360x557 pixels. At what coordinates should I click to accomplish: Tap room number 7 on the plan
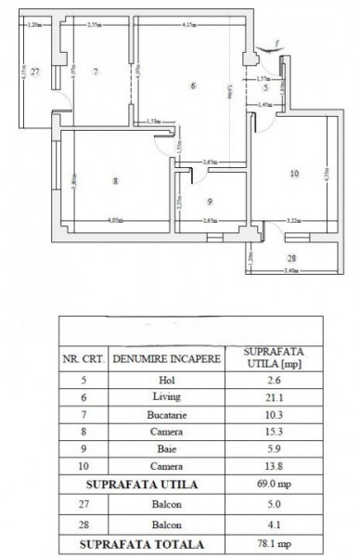96,71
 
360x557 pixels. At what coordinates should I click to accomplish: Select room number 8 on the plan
115,181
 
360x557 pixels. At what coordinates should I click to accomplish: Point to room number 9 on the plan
210,201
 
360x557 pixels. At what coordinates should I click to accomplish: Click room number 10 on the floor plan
294,173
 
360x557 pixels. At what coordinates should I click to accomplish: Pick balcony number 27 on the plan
33,71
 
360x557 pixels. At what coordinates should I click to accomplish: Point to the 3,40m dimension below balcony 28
291,273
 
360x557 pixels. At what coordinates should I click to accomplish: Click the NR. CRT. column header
83,356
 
